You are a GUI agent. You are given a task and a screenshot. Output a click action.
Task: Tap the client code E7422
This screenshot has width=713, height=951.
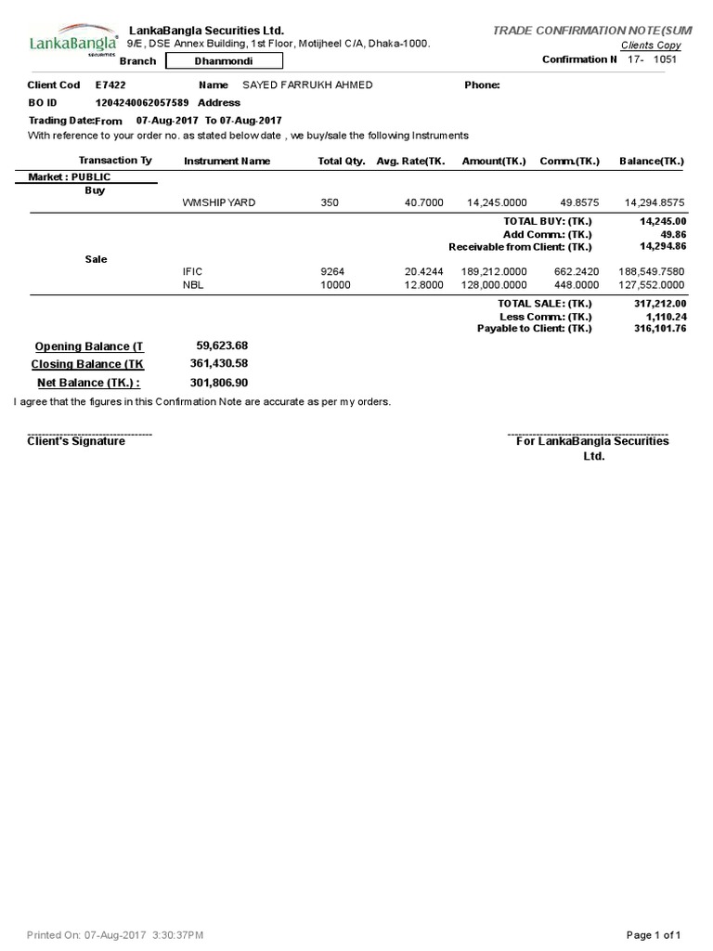coord(110,85)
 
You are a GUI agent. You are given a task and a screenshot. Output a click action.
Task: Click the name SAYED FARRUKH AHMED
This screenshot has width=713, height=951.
coord(307,85)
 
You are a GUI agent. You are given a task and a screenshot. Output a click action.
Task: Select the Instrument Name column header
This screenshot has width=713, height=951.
coord(227,161)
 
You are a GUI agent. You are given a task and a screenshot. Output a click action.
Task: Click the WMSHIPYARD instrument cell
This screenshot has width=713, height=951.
coord(219,202)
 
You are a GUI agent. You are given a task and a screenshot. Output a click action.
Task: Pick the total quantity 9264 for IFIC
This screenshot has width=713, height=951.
coord(331,271)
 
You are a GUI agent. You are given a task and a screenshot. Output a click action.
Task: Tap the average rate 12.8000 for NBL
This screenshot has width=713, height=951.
coord(424,285)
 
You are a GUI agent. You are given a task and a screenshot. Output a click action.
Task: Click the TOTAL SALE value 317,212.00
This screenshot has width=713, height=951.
coord(660,304)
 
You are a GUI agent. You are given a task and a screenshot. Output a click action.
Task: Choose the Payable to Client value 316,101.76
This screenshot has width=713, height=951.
coord(660,329)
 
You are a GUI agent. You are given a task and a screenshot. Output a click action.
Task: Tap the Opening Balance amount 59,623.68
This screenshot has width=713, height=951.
coord(222,345)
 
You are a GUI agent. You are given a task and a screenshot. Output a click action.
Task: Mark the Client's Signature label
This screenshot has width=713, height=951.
coord(76,442)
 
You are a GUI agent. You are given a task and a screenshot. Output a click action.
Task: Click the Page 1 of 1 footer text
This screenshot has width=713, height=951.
coord(655,934)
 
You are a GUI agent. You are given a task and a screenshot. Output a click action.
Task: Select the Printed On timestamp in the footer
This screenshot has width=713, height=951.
coord(116,934)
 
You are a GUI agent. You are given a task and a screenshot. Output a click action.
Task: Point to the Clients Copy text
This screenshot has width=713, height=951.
coord(650,46)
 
